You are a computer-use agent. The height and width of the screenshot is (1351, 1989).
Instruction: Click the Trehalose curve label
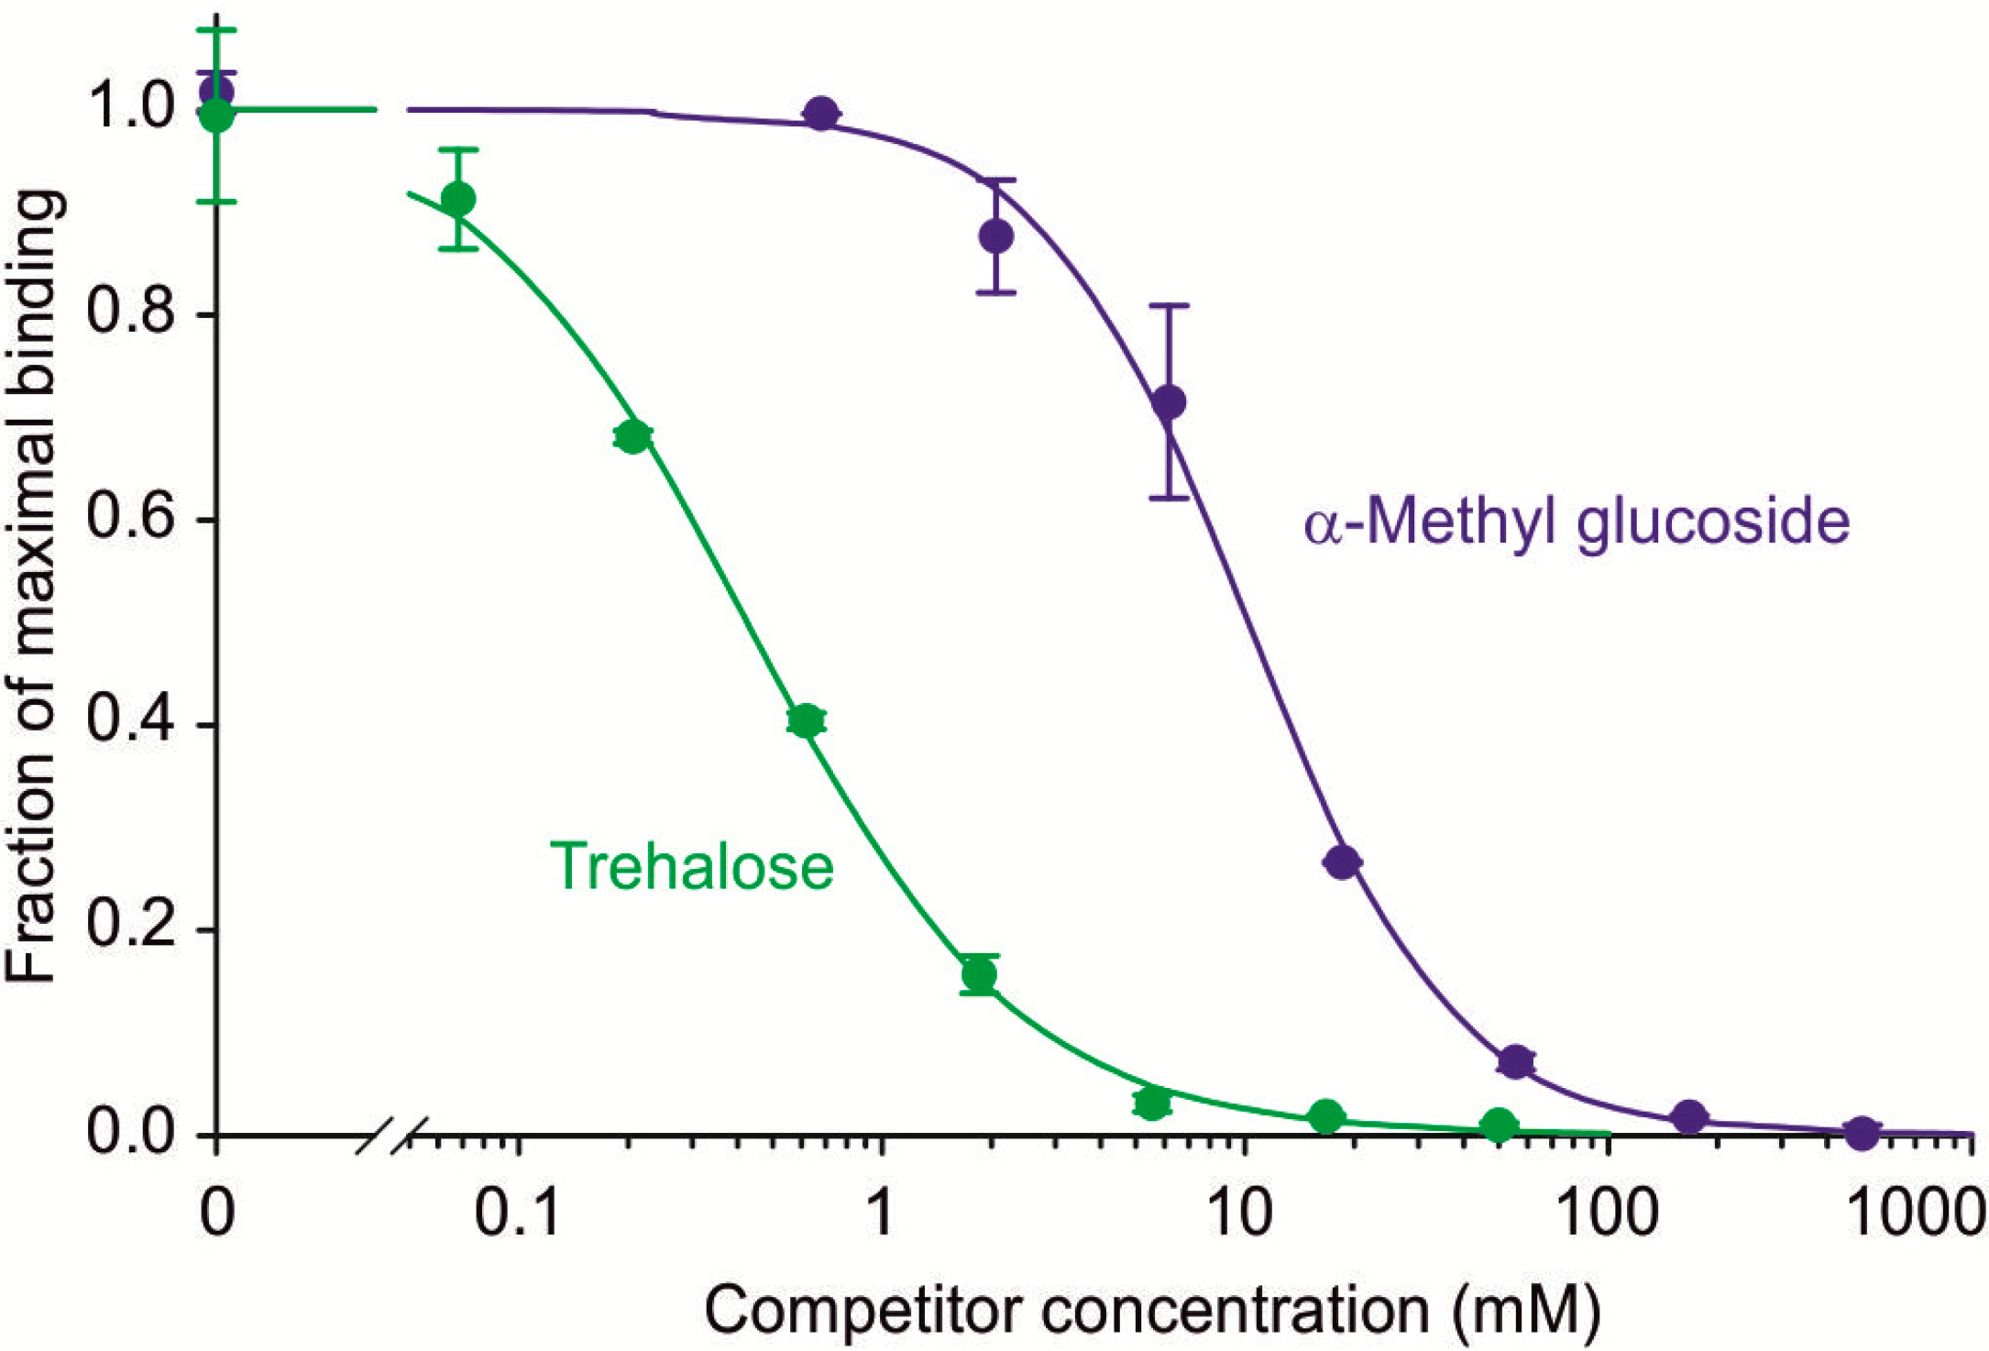tap(691, 866)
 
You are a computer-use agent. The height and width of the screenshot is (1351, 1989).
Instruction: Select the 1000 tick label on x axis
tap(1914, 1213)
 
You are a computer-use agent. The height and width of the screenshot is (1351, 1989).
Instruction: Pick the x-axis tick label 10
tap(1239, 1213)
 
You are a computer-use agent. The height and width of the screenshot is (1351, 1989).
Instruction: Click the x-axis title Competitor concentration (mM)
tap(1152, 1310)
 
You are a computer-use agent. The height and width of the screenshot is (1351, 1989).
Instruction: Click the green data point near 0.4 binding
tap(806, 721)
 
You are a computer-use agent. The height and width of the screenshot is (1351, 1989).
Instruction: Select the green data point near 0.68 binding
tap(632, 436)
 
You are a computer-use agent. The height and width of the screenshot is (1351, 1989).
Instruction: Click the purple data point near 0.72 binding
tap(1169, 401)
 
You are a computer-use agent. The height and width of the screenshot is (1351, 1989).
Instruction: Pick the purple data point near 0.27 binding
tap(1343, 862)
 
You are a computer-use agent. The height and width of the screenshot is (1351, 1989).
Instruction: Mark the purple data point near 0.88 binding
tap(996, 236)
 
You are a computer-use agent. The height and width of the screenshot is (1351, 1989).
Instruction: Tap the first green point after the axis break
tap(458, 198)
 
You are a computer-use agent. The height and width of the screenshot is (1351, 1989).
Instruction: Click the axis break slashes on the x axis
tap(392, 1136)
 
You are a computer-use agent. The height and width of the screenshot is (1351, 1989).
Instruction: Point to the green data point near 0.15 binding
tap(979, 974)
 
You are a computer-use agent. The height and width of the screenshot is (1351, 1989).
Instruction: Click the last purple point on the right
tap(1861, 1133)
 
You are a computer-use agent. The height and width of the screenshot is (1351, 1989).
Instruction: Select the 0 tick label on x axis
tap(216, 1213)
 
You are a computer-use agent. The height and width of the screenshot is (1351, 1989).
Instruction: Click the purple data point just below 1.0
tap(821, 114)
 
